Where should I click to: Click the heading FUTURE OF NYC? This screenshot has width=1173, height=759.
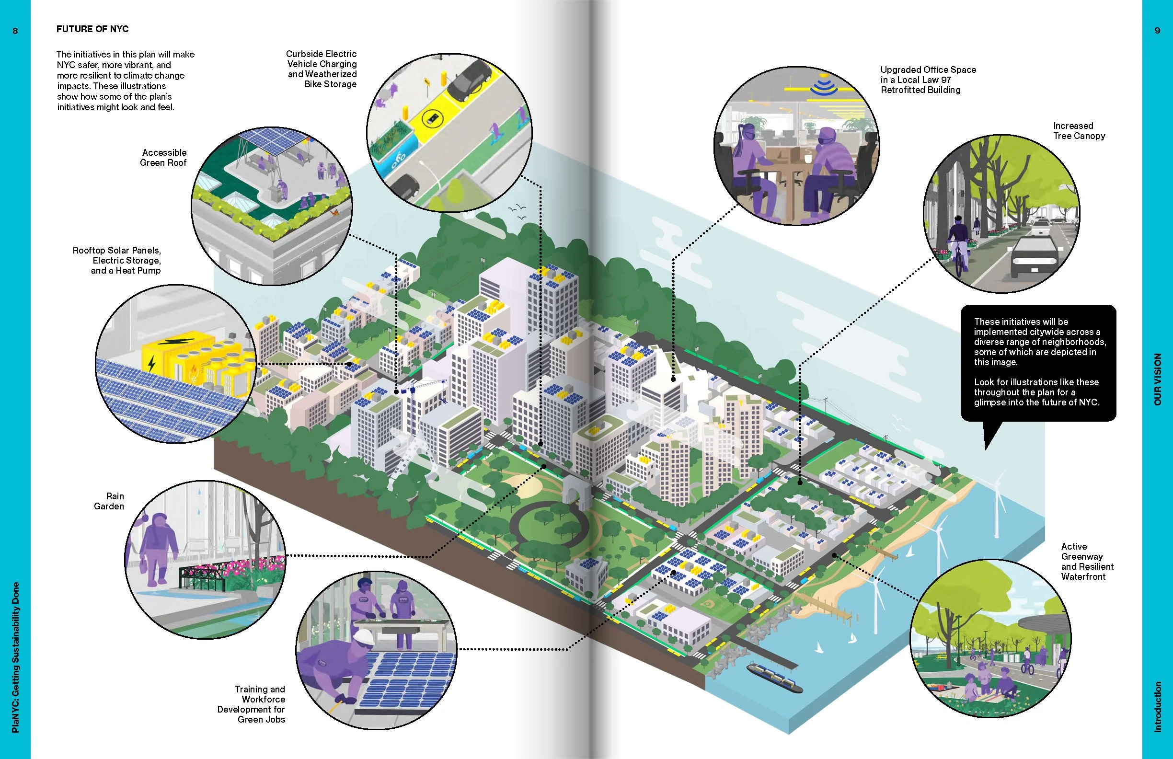[92, 29]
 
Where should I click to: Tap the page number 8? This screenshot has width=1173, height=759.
[15, 31]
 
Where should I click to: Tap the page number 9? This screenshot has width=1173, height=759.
[1157, 31]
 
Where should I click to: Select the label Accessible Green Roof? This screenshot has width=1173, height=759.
[163, 158]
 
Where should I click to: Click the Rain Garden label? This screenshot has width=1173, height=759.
[109, 501]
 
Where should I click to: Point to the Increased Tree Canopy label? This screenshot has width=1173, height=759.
[1079, 131]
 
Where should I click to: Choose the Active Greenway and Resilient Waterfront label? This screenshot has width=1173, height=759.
[1087, 562]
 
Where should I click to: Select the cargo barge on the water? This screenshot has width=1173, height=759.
[774, 678]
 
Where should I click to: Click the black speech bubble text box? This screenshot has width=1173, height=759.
[1038, 362]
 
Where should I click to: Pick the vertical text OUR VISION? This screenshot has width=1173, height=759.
[1157, 379]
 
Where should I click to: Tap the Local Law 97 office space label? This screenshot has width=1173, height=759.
[928, 80]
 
